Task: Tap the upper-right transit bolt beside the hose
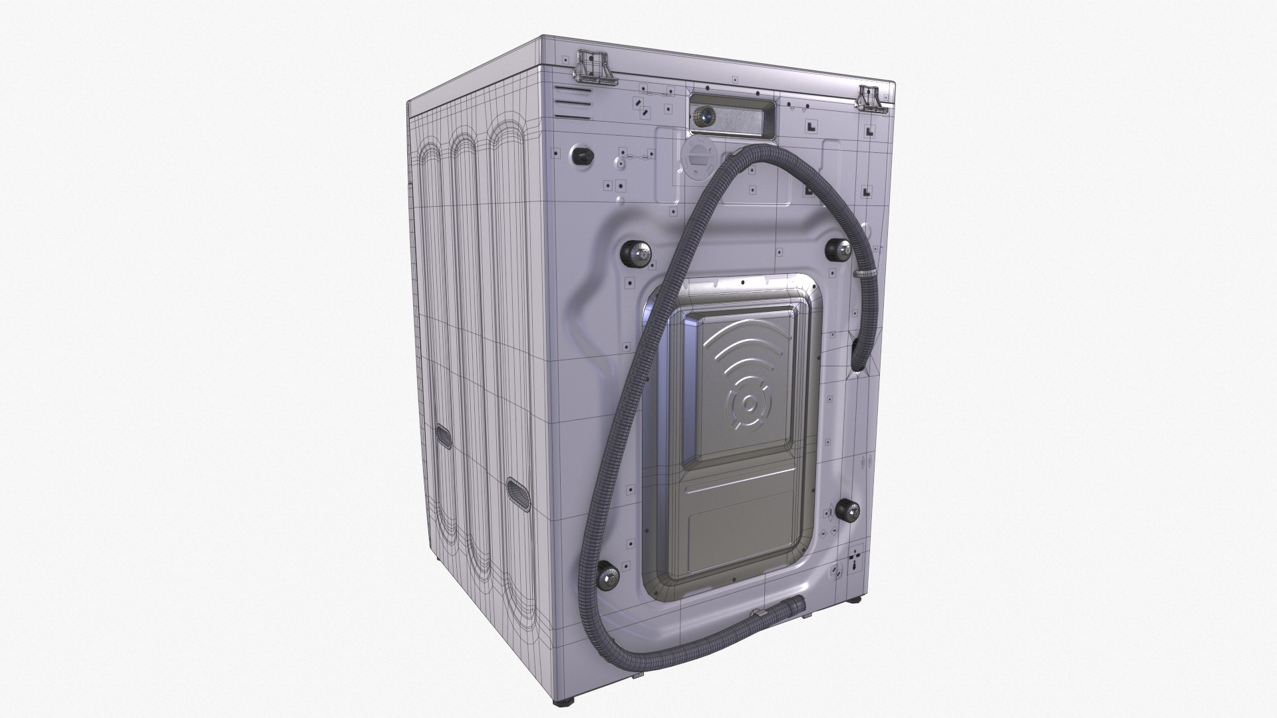point(840,251)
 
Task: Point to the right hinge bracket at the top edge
point(871,98)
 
